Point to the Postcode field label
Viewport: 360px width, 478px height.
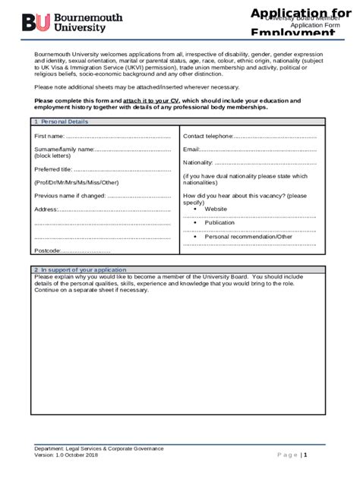(47, 250)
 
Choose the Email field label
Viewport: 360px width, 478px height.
(191, 149)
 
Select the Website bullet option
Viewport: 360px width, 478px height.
(216, 209)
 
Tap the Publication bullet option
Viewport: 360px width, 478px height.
(219, 222)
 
